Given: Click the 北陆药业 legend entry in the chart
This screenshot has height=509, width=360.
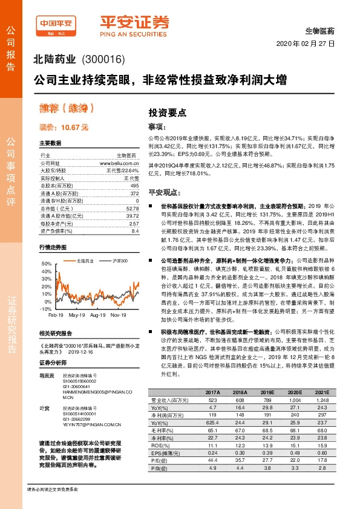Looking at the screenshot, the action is [x=83, y=259].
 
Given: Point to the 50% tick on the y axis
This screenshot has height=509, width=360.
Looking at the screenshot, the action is [x=47, y=264].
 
